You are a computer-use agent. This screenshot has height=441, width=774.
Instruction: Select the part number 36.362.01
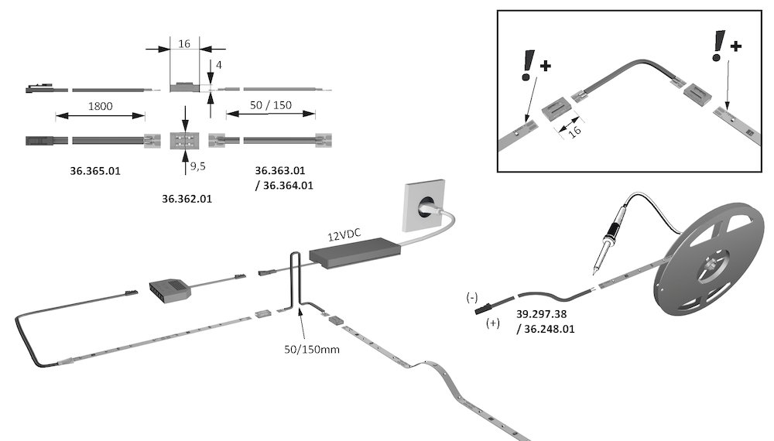(x=187, y=199)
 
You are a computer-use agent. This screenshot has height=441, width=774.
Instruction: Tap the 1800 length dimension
(x=100, y=105)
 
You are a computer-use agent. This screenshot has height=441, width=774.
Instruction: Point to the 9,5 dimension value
(x=199, y=165)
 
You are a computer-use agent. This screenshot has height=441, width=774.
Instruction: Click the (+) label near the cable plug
(x=492, y=323)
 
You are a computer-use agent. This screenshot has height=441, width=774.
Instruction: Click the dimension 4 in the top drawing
(x=219, y=65)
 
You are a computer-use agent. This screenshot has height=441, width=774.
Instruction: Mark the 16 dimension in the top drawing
(x=184, y=44)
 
